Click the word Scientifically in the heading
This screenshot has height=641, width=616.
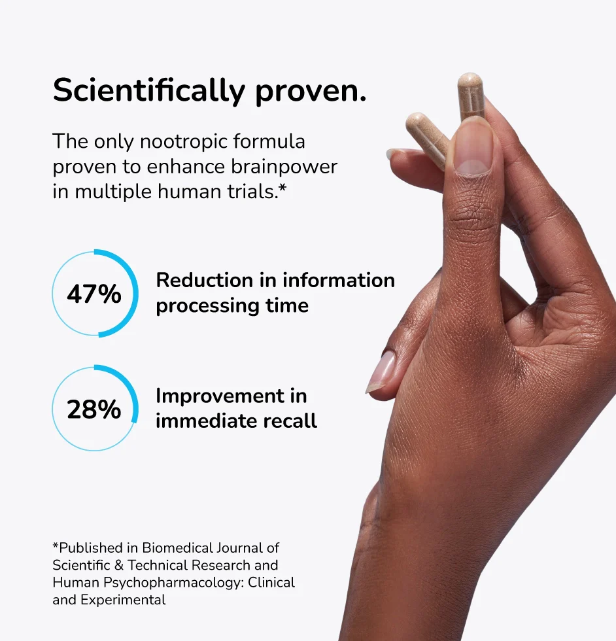(149, 91)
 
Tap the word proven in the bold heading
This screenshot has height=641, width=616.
(311, 92)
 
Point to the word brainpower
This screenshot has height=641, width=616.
(284, 167)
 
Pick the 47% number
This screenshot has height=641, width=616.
(94, 294)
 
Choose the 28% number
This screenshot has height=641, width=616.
(94, 409)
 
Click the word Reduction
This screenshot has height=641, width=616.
(205, 281)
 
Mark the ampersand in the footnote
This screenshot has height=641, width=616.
(119, 565)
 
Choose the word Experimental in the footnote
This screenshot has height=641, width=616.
(123, 600)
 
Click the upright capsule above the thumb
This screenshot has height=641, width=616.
(470, 97)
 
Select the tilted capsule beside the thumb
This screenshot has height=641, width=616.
(428, 139)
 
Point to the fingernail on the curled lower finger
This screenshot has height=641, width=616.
(381, 372)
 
